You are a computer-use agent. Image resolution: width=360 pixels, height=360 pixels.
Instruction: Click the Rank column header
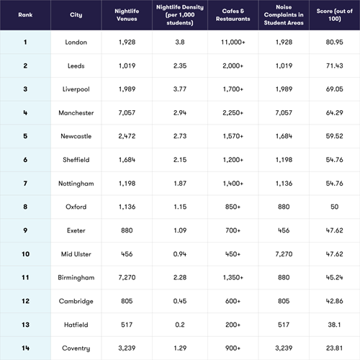[x=25, y=15]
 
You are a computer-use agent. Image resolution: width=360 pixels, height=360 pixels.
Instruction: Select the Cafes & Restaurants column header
[x=233, y=15]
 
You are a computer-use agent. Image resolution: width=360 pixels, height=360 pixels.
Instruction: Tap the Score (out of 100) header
[x=334, y=15]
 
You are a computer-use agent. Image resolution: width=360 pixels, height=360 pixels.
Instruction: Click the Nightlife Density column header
[x=180, y=15]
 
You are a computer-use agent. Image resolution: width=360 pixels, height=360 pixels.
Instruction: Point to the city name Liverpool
[x=76, y=89]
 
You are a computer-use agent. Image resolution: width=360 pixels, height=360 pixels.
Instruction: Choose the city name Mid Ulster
[x=76, y=254]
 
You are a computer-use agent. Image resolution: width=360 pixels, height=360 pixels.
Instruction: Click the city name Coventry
[x=76, y=348]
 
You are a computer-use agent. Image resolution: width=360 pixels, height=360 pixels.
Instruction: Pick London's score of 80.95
[x=334, y=42]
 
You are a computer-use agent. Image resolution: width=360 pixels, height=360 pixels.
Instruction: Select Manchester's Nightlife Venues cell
[x=127, y=113]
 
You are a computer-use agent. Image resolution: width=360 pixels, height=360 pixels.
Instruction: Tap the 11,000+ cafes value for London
[x=233, y=42]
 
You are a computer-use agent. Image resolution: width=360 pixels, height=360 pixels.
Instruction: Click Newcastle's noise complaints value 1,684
[x=284, y=136]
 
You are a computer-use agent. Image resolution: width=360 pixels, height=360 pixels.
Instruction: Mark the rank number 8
[x=25, y=207]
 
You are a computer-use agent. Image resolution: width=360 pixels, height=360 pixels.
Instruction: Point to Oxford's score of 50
[x=334, y=207]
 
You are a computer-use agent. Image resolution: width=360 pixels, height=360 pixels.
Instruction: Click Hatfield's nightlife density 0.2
[x=180, y=325]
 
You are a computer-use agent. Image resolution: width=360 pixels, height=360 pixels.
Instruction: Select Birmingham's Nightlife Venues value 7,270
[x=127, y=277]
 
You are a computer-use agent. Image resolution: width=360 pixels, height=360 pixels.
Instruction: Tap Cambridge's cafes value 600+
[x=233, y=301]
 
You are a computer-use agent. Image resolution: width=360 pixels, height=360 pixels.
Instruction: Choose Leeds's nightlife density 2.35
[x=180, y=66]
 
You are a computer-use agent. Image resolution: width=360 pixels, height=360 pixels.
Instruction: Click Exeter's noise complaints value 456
[x=284, y=230]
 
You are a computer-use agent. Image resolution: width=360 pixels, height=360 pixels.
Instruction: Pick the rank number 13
[x=25, y=325]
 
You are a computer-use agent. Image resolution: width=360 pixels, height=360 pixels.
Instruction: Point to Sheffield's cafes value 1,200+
[x=233, y=160]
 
